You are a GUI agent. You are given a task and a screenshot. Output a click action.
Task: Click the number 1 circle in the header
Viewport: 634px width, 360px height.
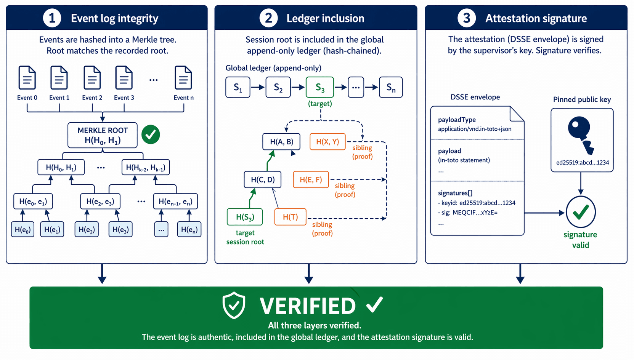click(x=52, y=18)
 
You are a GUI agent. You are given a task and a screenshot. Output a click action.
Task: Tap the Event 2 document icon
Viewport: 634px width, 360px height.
click(x=92, y=78)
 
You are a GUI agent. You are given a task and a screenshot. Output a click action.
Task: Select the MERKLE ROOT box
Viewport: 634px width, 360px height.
click(x=102, y=135)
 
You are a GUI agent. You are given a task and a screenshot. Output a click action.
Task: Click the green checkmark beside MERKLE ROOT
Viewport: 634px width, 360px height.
click(x=151, y=134)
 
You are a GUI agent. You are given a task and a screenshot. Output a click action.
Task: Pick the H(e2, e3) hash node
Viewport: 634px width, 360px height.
click(x=100, y=202)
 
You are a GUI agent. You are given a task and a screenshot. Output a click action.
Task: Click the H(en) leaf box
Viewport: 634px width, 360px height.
click(x=189, y=229)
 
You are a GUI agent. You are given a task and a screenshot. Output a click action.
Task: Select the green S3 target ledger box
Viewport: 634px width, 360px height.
click(x=320, y=87)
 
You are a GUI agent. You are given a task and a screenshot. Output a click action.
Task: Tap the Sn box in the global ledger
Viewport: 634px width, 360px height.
click(x=391, y=87)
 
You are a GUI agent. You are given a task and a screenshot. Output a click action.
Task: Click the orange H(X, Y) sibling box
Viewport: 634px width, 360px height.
click(x=327, y=142)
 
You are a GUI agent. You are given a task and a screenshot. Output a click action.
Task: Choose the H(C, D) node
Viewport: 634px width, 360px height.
click(x=263, y=179)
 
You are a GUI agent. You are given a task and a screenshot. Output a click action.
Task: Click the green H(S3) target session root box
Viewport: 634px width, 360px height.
click(x=245, y=217)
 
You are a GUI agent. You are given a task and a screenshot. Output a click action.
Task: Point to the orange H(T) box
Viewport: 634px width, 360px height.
click(x=290, y=217)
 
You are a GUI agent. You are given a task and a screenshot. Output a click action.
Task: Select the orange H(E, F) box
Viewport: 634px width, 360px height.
click(x=311, y=179)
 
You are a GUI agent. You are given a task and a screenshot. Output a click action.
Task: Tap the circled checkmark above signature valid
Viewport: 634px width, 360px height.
click(x=581, y=212)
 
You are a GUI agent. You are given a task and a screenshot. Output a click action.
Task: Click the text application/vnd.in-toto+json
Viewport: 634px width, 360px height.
click(x=475, y=129)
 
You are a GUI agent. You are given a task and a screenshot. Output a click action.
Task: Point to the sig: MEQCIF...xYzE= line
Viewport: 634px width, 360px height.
click(x=469, y=213)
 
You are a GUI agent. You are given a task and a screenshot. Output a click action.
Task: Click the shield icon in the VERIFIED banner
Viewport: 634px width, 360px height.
click(x=234, y=305)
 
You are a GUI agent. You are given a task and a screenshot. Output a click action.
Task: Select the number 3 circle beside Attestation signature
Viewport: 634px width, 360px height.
click(x=467, y=18)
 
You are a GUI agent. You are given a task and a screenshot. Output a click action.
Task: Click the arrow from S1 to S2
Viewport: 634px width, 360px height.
click(x=258, y=87)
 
